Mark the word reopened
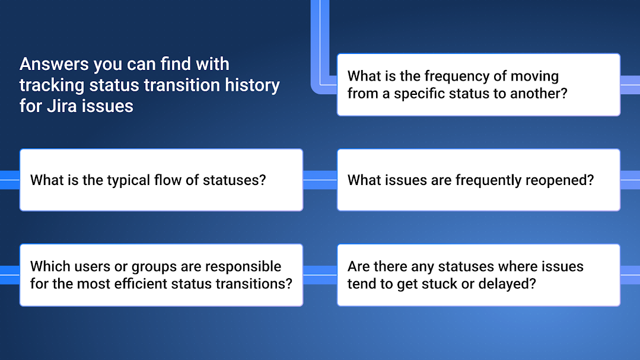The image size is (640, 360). pyautogui.click(x=558, y=180)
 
